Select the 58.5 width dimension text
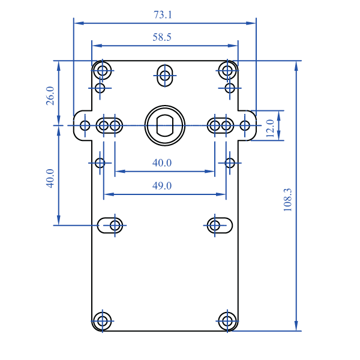coord(162,37)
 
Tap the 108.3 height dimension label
coord(287,200)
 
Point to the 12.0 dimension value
coord(270,128)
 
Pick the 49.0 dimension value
coord(162,186)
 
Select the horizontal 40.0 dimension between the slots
coord(162,163)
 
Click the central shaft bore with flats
coord(164,125)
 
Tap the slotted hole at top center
coord(164,75)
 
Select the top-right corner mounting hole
coord(227,71)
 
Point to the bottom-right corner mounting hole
coord(227,320)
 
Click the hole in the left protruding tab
coord(85,125)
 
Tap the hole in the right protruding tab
coord(245,125)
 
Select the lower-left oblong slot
coord(110,225)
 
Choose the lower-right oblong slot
coord(220,225)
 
